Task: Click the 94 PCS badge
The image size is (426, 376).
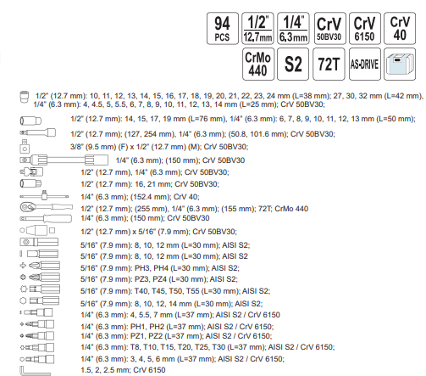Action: [x=223, y=28]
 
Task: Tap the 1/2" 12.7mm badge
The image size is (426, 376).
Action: [x=257, y=28]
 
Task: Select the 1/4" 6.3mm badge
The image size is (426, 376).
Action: [x=293, y=28]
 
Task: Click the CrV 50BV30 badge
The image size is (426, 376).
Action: [x=329, y=28]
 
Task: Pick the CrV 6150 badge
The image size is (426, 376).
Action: [x=364, y=28]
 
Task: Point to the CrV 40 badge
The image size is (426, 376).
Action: [x=400, y=28]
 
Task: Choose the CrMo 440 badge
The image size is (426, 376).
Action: [x=258, y=65]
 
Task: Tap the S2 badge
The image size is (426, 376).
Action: [x=293, y=65]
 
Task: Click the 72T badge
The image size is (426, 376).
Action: [x=329, y=65]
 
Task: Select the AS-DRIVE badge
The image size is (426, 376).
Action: [x=364, y=65]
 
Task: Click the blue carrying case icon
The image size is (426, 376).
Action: [x=400, y=65]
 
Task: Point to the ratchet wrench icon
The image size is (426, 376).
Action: [x=46, y=207]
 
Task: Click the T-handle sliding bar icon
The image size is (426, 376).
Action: [x=44, y=195]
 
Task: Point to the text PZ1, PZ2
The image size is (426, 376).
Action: [x=147, y=336]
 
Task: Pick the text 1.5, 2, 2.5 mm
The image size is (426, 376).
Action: [x=105, y=370]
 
